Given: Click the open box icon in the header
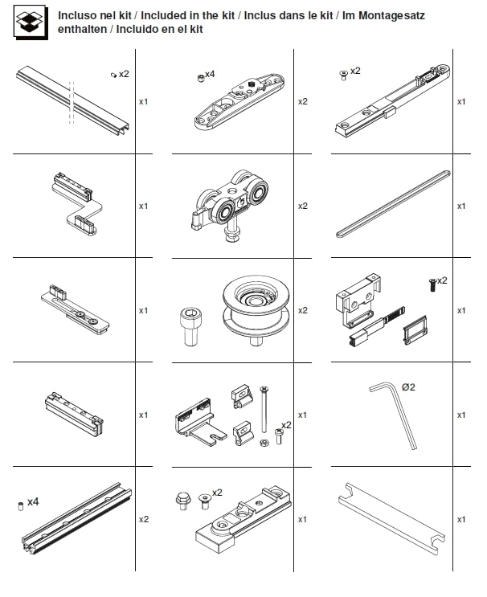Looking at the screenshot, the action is pyautogui.click(x=31, y=22).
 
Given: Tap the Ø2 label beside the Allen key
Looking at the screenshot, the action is pyautogui.click(x=408, y=387).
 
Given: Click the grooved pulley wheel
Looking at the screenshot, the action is pyautogui.click(x=256, y=310).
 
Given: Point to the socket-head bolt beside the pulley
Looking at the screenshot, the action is pyautogui.click(x=190, y=326).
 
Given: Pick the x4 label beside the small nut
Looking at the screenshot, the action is pyautogui.click(x=210, y=74).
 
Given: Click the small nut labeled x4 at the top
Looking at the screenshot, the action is pyautogui.click(x=201, y=79).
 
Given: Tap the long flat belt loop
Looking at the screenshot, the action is pyautogui.click(x=393, y=204).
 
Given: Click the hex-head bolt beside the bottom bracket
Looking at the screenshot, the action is pyautogui.click(x=182, y=501).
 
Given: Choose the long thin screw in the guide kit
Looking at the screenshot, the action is pyautogui.click(x=264, y=409).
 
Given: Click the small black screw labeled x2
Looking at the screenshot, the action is pyautogui.click(x=432, y=285).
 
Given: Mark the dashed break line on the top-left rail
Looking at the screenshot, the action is pyautogui.click(x=72, y=102).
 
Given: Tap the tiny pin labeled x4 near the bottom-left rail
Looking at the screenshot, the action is pyautogui.click(x=21, y=506).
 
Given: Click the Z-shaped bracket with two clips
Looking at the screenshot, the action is pyautogui.click(x=78, y=204).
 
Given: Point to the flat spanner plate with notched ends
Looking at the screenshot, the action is pyautogui.click(x=392, y=518).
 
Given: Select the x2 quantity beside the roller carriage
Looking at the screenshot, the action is pyautogui.click(x=303, y=206).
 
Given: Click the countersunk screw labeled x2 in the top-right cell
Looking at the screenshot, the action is pyautogui.click(x=343, y=75).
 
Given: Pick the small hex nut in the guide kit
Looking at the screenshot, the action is pyautogui.click(x=264, y=443).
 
